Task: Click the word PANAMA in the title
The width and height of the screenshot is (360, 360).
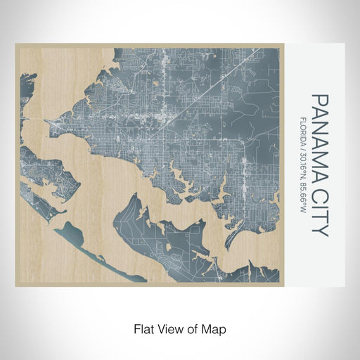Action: click(319, 134)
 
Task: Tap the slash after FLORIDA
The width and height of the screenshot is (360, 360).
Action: click(302, 150)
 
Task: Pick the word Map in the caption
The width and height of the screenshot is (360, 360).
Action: click(215, 328)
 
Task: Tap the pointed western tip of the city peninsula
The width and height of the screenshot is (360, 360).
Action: click(47, 122)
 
